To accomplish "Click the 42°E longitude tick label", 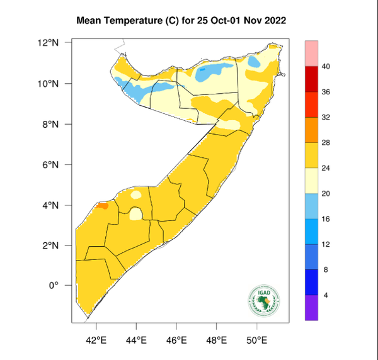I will point(96,340).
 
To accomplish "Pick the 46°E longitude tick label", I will point(176,340).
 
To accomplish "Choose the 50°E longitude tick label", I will point(257,340).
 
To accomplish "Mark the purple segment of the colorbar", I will point(311,308).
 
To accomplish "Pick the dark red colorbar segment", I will point(311,79).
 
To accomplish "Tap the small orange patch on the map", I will point(102,205).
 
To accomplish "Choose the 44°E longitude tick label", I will point(136,340).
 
